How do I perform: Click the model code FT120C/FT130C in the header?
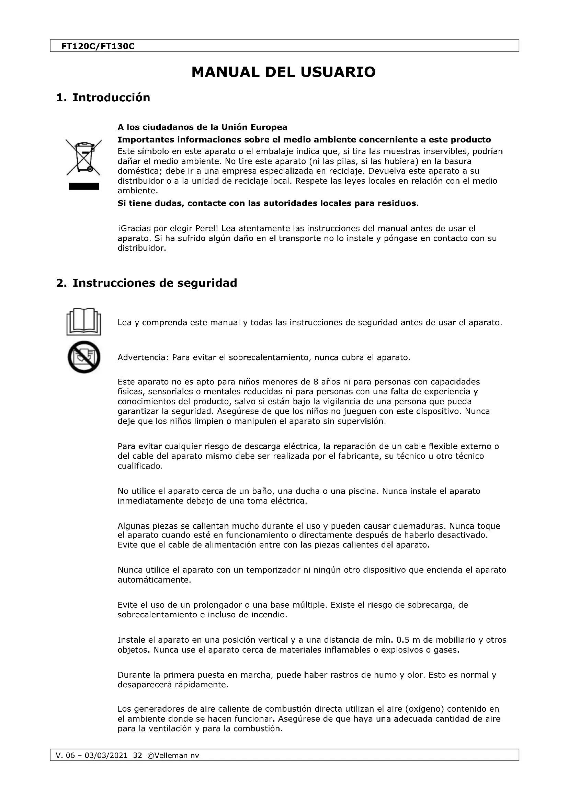tap(98, 46)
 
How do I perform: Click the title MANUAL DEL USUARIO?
tap(283, 72)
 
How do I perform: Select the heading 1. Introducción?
tap(103, 97)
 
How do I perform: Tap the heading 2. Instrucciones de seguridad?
tap(147, 283)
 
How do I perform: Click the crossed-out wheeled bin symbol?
tap(83, 157)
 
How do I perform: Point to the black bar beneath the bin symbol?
tap(83, 186)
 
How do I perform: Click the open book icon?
tap(83, 322)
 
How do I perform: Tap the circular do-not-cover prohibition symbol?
tap(83, 357)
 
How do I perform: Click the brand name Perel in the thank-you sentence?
tap(207, 229)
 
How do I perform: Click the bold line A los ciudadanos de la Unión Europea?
tap(202, 127)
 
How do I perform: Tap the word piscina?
tap(363, 491)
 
